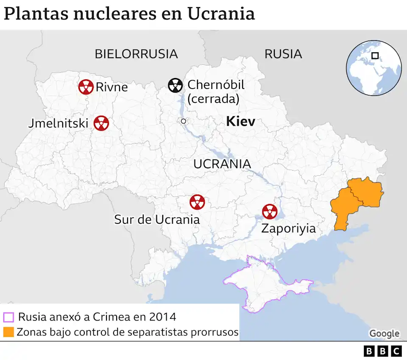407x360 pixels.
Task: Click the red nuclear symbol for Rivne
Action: pyautogui.click(x=86, y=87)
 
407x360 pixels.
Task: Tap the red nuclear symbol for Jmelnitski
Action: pyautogui.click(x=101, y=123)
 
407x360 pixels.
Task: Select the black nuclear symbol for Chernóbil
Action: pyautogui.click(x=175, y=85)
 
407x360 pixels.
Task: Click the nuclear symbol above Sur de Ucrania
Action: pyautogui.click(x=197, y=202)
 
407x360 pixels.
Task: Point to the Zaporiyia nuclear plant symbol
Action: pyautogui.click(x=269, y=211)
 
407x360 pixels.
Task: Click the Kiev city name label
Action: pyautogui.click(x=240, y=122)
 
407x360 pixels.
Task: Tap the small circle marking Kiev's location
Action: pyautogui.click(x=183, y=121)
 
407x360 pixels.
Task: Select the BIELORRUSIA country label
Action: pyautogui.click(x=136, y=54)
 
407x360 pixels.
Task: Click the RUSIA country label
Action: pyautogui.click(x=283, y=54)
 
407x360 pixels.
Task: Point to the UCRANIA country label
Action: pyautogui.click(x=222, y=164)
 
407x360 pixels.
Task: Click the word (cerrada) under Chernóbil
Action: pyautogui.click(x=213, y=99)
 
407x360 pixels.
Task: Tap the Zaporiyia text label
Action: pyautogui.click(x=288, y=229)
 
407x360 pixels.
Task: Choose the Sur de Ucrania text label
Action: pyautogui.click(x=157, y=219)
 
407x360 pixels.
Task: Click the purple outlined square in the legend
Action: pyautogui.click(x=8, y=317)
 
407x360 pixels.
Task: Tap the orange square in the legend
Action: pyautogui.click(x=8, y=332)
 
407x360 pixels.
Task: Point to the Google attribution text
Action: pyautogui.click(x=384, y=333)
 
